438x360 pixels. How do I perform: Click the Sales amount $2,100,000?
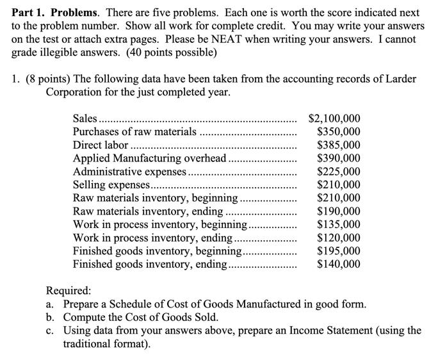tap(334, 119)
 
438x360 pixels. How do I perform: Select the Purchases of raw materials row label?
tap(135, 132)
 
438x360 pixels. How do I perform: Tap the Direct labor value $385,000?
tap(339, 145)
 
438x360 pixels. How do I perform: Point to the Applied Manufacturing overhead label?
tap(150, 158)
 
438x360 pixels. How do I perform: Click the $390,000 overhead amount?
tap(339, 158)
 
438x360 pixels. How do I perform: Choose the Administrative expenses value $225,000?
tap(339, 172)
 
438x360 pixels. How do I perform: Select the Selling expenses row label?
tap(111, 185)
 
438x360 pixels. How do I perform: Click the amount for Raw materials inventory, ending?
tap(339, 211)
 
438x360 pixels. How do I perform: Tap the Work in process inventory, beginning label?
tap(160, 225)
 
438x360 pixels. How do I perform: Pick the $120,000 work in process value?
tap(339, 238)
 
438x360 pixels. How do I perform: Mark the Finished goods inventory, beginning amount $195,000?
tap(339, 251)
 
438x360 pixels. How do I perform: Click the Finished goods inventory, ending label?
tap(150, 264)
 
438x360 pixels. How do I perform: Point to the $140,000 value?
tap(339, 264)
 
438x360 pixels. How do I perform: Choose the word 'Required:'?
tap(69, 290)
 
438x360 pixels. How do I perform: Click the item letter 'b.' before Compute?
tap(50, 317)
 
